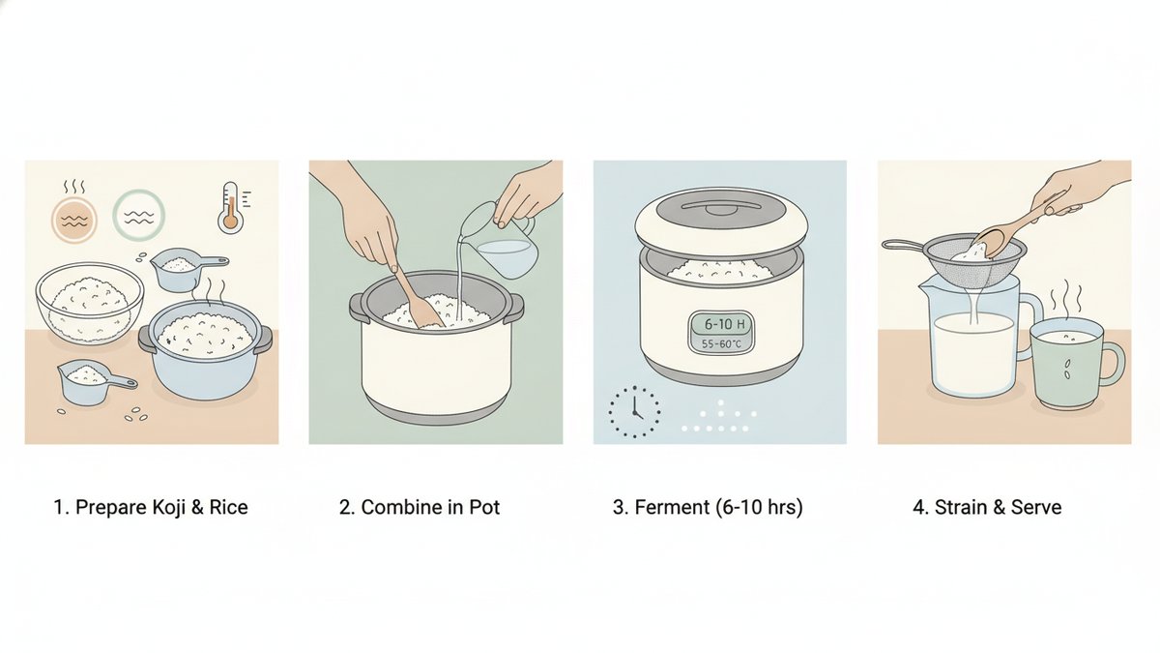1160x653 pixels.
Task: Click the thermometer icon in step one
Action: pos(231,207)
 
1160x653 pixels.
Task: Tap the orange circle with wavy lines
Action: pos(74,220)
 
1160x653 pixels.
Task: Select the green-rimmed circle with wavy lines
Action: pos(139,215)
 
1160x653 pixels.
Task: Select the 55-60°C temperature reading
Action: pos(721,343)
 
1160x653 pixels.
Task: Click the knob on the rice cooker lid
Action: pos(720,207)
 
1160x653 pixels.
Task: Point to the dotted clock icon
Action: pos(634,411)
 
